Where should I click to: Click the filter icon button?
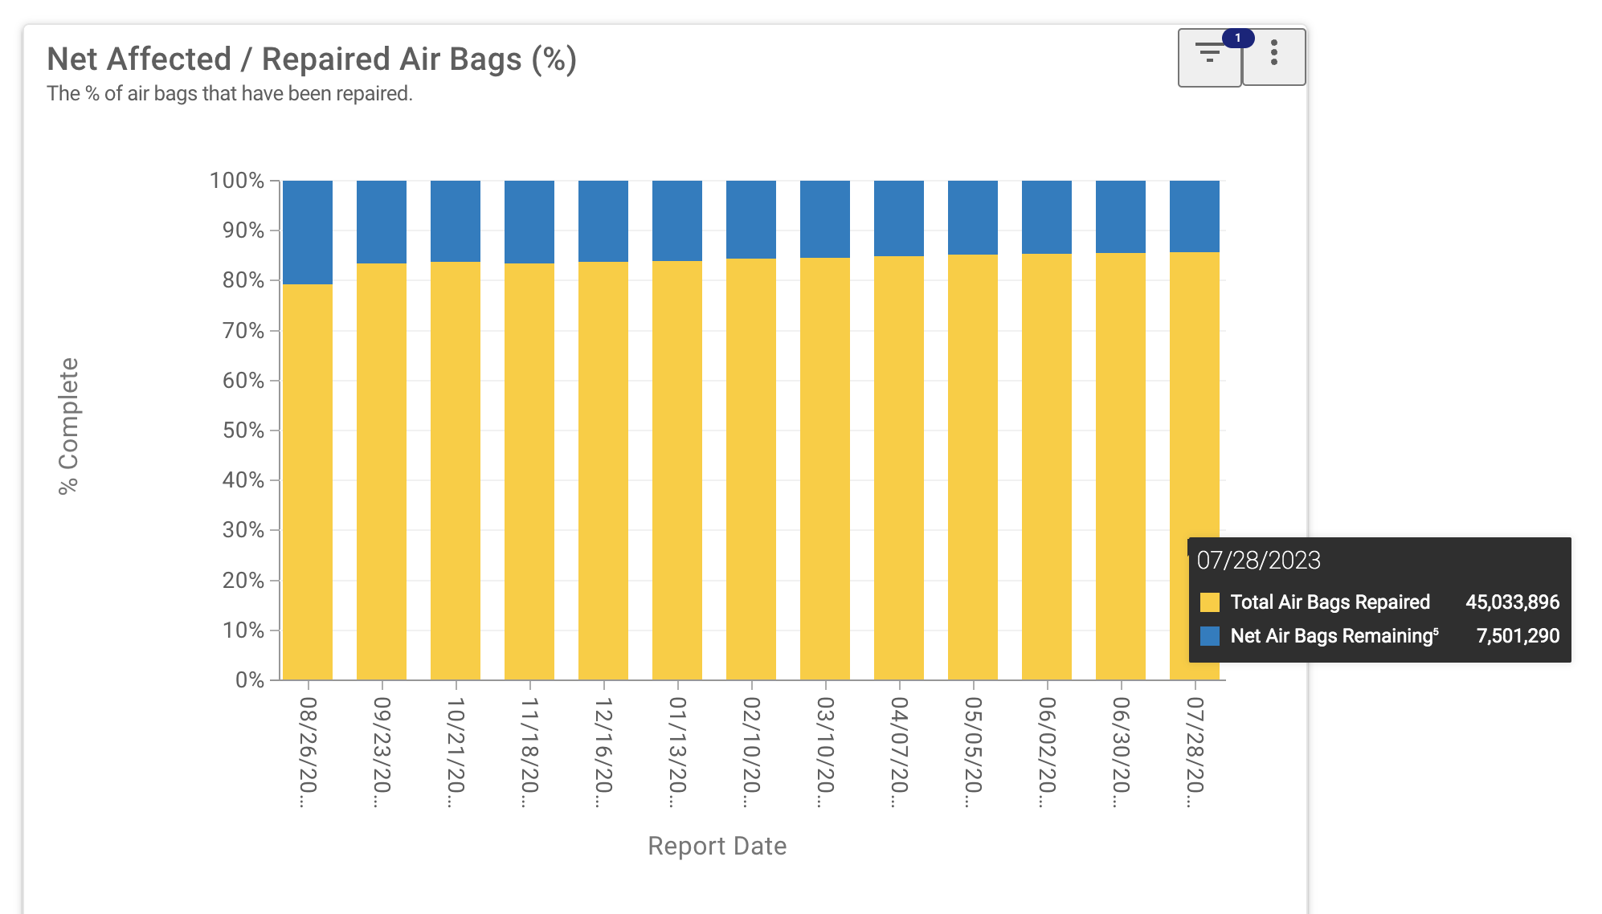(1208, 57)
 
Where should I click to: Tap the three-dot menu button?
(1273, 57)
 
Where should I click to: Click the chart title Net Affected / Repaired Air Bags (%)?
(312, 59)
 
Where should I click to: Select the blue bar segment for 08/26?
(308, 232)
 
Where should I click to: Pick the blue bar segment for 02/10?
(751, 219)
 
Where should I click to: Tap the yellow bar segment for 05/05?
(973, 467)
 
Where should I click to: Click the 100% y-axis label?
(237, 181)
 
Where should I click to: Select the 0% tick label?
(250, 680)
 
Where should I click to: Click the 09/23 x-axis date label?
(382, 752)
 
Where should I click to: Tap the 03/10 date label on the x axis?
(825, 752)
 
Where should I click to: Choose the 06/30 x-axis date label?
(1121, 752)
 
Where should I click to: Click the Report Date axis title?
(717, 846)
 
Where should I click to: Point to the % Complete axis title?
(69, 426)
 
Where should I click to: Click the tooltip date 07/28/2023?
(1258, 560)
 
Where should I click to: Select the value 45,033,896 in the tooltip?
(1512, 602)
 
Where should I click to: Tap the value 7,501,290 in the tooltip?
(1518, 636)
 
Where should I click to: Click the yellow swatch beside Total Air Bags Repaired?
(1209, 602)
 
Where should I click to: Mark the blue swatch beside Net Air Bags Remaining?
(1209, 636)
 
